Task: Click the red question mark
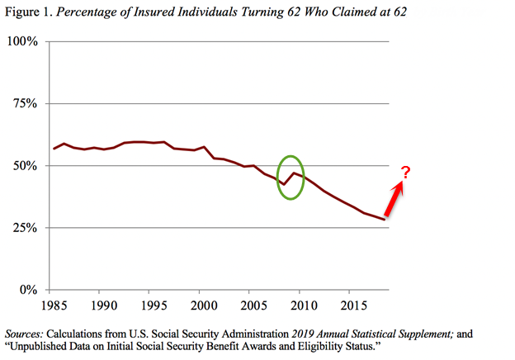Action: click(x=406, y=172)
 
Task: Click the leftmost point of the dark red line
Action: click(x=54, y=149)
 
